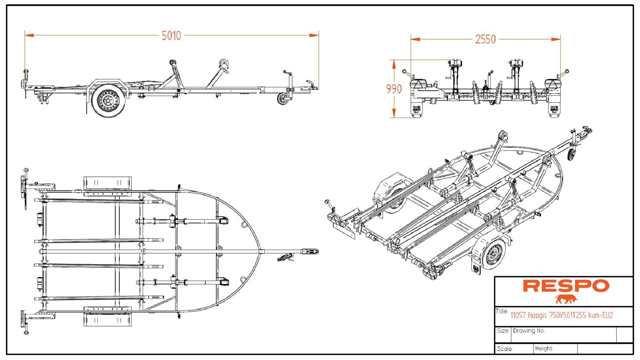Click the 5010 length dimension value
(171, 36)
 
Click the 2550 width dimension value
(485, 39)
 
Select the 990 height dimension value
(394, 89)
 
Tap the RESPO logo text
(566, 286)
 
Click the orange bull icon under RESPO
(566, 299)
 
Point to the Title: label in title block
(502, 311)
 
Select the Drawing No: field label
(529, 331)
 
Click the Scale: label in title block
(505, 349)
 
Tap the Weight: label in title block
(544, 348)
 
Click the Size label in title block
(503, 331)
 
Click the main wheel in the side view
(108, 100)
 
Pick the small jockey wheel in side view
(283, 99)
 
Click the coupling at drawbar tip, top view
(310, 251)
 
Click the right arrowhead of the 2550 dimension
(556, 39)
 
